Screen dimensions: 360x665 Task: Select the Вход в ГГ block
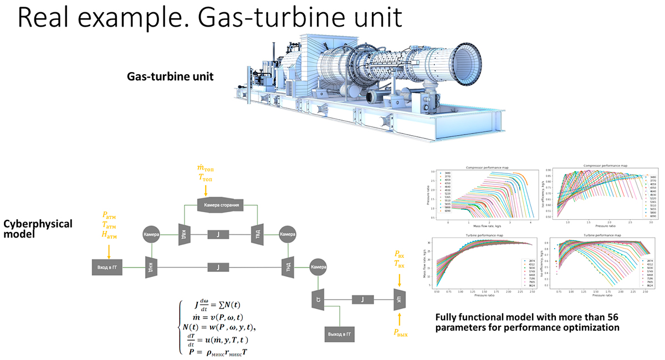pyautogui.click(x=107, y=268)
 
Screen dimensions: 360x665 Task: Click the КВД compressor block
pyautogui.click(x=183, y=233)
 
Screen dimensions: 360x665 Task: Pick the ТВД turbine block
pyautogui.click(x=256, y=233)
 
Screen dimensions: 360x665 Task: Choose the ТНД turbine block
pyautogui.click(x=288, y=267)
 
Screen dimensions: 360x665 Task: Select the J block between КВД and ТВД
pyautogui.click(x=219, y=233)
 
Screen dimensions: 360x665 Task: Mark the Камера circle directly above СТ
pyautogui.click(x=318, y=267)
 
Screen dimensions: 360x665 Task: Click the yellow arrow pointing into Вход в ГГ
pyautogui.click(x=109, y=251)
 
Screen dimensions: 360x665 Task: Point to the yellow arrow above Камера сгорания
pyautogui.click(x=206, y=189)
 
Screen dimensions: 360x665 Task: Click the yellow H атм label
pyautogui.click(x=109, y=236)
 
